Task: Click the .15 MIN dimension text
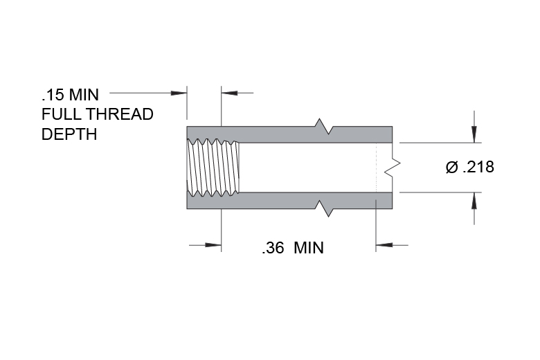pos(70,95)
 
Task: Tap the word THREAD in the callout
pos(120,114)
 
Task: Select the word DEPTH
pos(69,134)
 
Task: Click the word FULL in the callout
pos(62,114)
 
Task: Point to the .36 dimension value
pos(273,248)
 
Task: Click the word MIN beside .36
pos(309,248)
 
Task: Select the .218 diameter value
pos(478,167)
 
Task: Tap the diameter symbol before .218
pos(452,167)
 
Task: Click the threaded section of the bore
pos(213,168)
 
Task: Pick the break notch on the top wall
pos(324,127)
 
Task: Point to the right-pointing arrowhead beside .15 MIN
pos(179,93)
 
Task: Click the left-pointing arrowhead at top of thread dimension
pos(229,93)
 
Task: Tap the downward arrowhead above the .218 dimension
pos(474,134)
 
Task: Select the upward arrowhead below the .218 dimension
pos(474,201)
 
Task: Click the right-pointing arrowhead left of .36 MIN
pos(213,245)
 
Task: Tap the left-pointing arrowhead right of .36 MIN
pos(384,245)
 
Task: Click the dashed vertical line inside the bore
pos(376,168)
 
